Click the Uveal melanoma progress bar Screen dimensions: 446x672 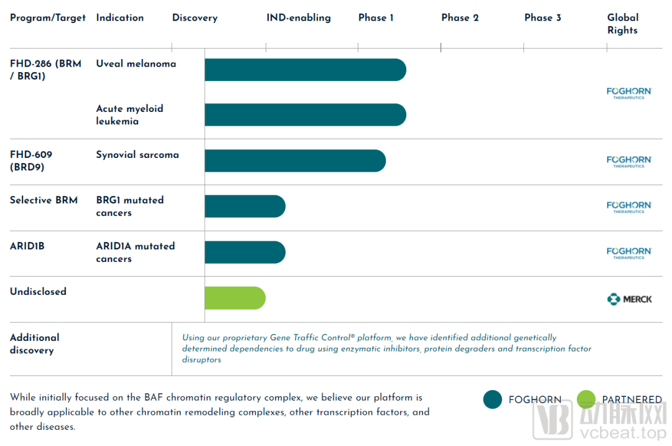click(x=305, y=70)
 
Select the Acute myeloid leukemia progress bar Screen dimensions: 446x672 click(x=305, y=114)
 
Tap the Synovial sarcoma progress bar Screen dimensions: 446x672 click(x=295, y=160)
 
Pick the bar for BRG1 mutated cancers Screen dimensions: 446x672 click(x=245, y=206)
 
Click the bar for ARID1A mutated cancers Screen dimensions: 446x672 click(x=245, y=252)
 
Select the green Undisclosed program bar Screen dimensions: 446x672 click(x=235, y=298)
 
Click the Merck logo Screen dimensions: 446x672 click(x=629, y=299)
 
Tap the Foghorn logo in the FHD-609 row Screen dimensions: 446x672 click(x=629, y=161)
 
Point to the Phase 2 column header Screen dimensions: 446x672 click(x=460, y=17)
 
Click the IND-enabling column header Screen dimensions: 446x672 click(x=299, y=17)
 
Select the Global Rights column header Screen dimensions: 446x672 click(x=623, y=24)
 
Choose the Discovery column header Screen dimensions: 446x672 click(x=195, y=17)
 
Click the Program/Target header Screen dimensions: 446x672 click(x=48, y=17)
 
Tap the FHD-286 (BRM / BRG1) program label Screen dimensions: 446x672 click(x=45, y=70)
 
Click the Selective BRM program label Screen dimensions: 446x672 click(x=44, y=200)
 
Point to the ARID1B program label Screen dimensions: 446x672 click(x=27, y=246)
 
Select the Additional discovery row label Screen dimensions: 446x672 click(x=35, y=343)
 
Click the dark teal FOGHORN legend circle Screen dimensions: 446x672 click(x=492, y=399)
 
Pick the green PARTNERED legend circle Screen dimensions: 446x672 click(x=586, y=399)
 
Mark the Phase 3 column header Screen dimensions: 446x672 click(x=543, y=17)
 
